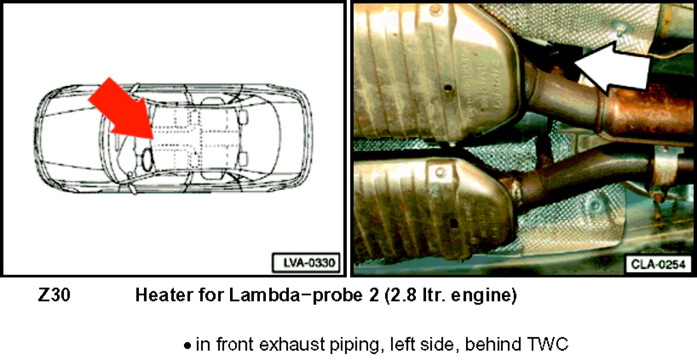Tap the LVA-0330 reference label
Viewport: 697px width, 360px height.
point(306,262)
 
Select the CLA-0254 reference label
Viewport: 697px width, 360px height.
point(658,265)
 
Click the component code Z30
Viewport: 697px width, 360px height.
point(54,295)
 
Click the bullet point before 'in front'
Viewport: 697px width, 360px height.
point(187,346)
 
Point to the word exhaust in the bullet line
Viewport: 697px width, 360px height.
point(292,345)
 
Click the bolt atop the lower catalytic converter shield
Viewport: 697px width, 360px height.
point(440,172)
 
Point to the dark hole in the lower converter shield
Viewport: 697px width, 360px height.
point(453,223)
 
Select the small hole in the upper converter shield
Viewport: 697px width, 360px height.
point(447,88)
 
